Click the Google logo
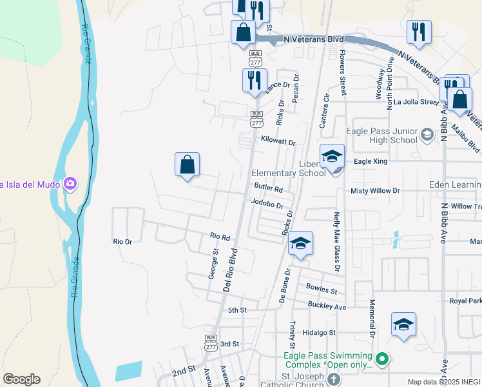point(22,379)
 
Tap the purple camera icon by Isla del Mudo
point(70,184)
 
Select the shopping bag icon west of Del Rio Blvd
point(187,164)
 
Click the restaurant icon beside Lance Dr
point(254,81)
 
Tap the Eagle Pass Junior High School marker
point(426,135)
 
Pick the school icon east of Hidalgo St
point(403,324)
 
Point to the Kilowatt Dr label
point(278,141)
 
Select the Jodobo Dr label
point(267,204)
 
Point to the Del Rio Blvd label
point(230,270)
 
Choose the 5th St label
point(237,310)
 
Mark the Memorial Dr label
point(372,318)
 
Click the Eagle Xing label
point(371,161)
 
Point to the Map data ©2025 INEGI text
point(443,382)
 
